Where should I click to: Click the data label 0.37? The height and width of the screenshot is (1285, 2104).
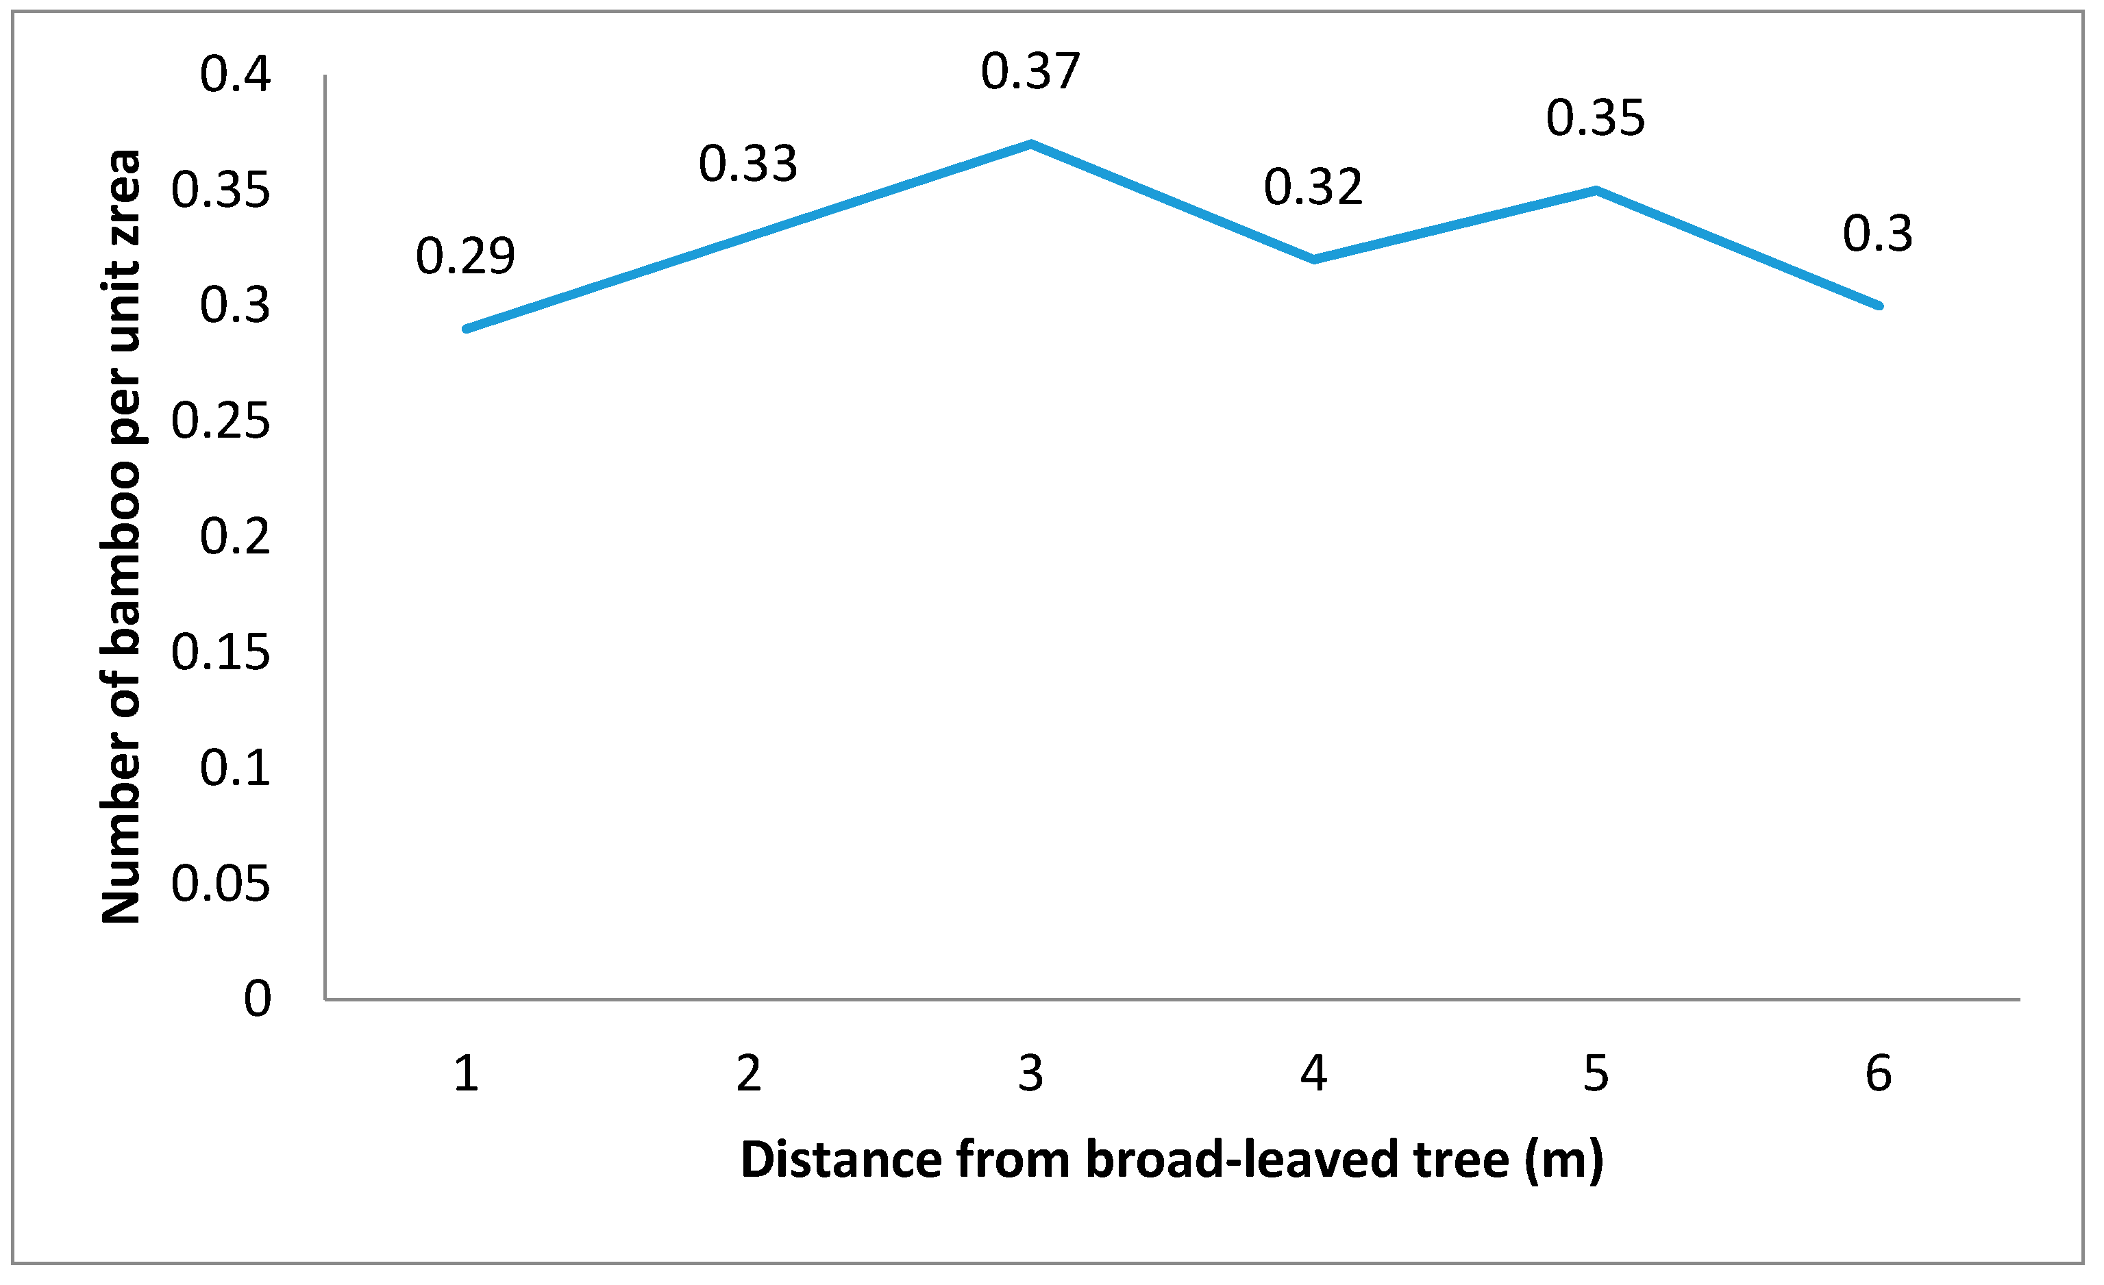tap(1030, 72)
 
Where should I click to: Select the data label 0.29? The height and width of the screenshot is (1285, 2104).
tap(465, 256)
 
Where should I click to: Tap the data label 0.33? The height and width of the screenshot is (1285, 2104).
tap(748, 164)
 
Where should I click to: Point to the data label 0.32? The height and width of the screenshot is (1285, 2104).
tap(1313, 187)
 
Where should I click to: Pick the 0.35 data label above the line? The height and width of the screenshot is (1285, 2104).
tap(1595, 118)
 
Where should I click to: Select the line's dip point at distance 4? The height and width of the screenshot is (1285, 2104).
tap(1313, 260)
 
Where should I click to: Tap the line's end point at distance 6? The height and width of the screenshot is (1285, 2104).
tap(1878, 305)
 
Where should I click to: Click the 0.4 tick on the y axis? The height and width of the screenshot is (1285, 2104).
tap(235, 74)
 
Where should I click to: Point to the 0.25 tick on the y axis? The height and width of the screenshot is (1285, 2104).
tap(221, 421)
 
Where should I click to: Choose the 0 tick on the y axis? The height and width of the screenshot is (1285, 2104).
tap(257, 998)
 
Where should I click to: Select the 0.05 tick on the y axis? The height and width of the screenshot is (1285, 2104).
tap(221, 884)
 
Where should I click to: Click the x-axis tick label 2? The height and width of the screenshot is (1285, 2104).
tap(748, 1073)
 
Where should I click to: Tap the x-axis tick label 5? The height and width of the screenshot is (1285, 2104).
tap(1595, 1073)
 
